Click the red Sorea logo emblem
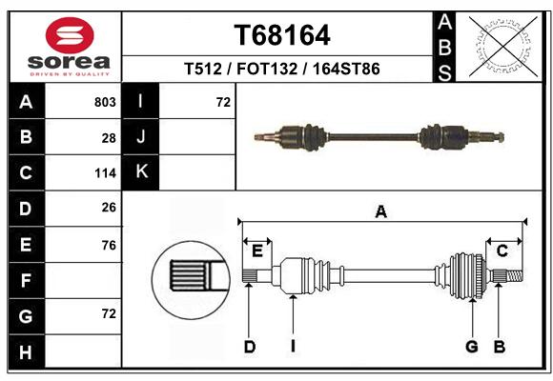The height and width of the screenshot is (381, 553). (x=70, y=35)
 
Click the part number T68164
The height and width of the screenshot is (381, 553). (x=282, y=35)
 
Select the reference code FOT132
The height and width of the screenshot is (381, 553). (x=267, y=69)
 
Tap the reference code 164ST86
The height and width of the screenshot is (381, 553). (x=346, y=69)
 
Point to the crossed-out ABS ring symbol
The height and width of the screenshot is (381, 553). (x=503, y=47)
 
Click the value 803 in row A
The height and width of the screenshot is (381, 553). (x=105, y=102)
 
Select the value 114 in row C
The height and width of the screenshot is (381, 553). (x=106, y=173)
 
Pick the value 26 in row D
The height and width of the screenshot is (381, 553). (x=109, y=208)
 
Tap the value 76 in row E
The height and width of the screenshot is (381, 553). (x=109, y=246)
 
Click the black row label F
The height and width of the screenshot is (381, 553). (x=26, y=281)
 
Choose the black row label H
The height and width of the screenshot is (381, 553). (x=26, y=351)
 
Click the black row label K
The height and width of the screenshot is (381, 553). (x=141, y=172)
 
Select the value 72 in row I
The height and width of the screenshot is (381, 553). (x=223, y=102)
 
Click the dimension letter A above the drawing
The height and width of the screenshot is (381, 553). (x=381, y=212)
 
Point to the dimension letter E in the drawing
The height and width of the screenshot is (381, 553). (x=257, y=251)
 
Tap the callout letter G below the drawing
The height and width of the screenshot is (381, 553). (x=472, y=347)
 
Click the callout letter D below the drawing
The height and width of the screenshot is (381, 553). (x=250, y=347)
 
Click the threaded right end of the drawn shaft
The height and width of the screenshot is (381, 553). (x=515, y=275)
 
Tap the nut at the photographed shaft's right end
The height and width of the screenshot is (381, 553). (x=501, y=137)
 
